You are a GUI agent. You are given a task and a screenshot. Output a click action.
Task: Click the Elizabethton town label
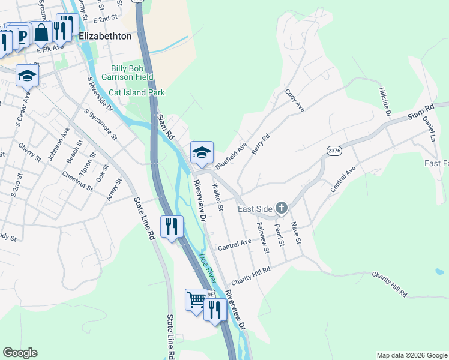pos(105,36)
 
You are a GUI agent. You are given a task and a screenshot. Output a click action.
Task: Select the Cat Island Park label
pos(136,93)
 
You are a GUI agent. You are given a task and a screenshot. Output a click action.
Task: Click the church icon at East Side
pos(281,208)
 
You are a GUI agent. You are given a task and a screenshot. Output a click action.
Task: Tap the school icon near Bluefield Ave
pos(202,152)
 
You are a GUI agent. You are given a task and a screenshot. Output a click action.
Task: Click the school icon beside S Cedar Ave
pos(27,76)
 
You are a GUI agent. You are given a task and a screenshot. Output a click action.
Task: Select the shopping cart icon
pos(196,299)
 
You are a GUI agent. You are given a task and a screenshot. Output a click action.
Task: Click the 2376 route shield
pos(334,151)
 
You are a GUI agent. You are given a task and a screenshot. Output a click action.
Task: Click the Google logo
pos(20,353)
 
